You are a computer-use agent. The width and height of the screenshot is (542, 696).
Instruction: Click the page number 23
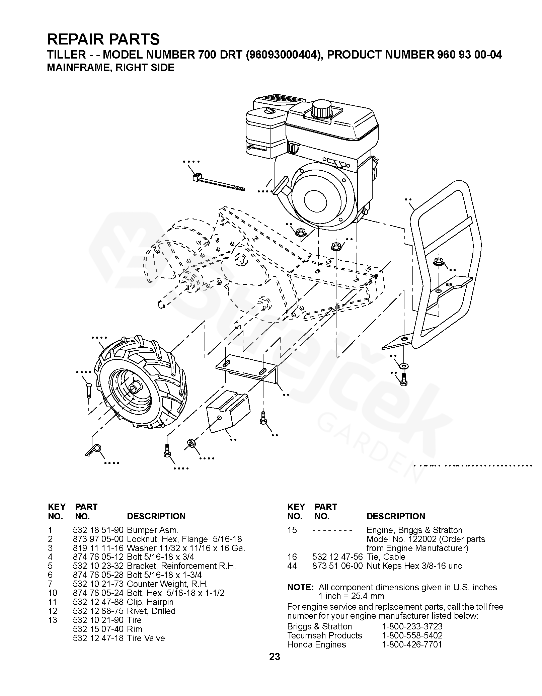(274, 666)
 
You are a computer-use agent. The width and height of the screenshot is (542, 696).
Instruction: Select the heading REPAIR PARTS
(103, 39)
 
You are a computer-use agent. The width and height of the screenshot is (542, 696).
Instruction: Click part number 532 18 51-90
(98, 530)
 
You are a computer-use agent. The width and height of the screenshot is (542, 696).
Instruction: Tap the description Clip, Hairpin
(150, 602)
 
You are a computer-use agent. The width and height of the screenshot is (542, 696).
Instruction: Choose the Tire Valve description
(146, 638)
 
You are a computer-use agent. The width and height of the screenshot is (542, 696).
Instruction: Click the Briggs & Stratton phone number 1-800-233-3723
(412, 626)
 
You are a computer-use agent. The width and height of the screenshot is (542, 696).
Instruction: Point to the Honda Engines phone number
(412, 644)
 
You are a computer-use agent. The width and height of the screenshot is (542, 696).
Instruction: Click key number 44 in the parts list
(292, 566)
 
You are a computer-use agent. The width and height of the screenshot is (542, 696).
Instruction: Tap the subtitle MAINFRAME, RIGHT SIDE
(110, 68)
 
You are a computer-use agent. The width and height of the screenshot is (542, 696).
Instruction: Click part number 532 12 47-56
(337, 557)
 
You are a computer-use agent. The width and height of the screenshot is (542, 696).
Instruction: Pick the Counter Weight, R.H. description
(167, 584)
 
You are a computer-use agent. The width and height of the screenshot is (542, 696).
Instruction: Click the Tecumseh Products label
(324, 635)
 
